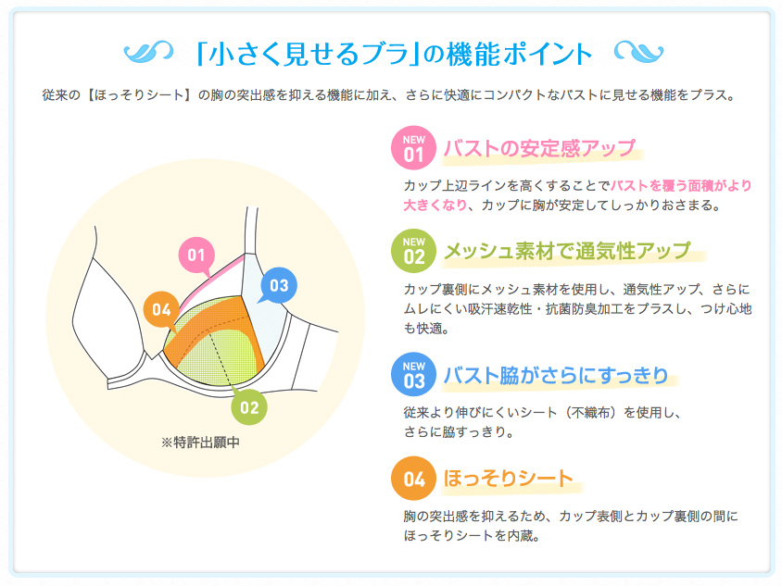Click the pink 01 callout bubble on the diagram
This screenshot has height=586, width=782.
coord(196,256)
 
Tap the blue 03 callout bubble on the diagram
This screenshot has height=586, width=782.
coord(279,285)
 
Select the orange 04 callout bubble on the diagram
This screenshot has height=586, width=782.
coord(161,309)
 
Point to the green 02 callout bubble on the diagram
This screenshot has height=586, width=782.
coord(249,407)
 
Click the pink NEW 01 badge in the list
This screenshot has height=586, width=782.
coord(413,148)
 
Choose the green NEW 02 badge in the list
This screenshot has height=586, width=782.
coord(413,251)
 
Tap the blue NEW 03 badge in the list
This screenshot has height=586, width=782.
coord(413,375)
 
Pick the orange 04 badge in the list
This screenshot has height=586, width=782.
coord(413,479)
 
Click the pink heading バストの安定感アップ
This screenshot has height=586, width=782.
coord(539,148)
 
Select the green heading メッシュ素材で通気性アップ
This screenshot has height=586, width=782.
coord(567,251)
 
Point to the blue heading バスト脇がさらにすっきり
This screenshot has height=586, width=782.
coord(556,375)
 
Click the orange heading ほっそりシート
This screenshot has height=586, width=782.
coord(508,479)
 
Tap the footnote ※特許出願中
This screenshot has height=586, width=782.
coord(200,442)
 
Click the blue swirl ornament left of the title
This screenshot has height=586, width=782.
coord(148,52)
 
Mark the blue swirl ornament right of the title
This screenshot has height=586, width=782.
coord(639,52)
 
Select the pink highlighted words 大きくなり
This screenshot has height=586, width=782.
coord(435,205)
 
